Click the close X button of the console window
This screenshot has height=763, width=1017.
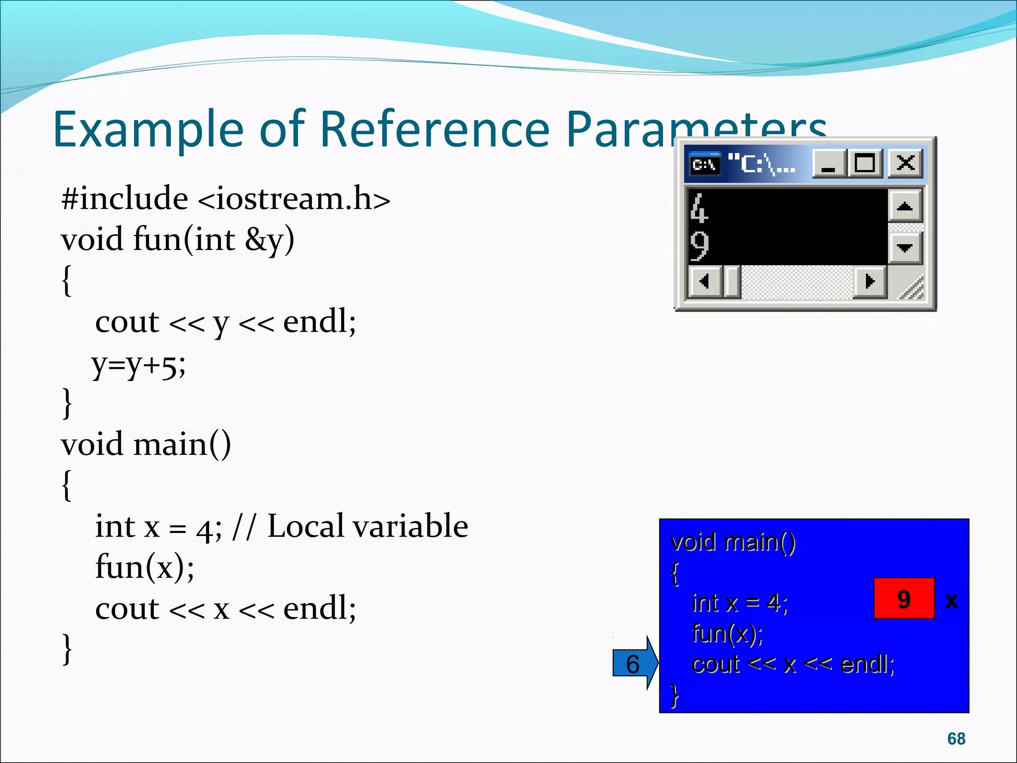point(905,163)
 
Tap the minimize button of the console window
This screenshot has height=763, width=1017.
point(828,163)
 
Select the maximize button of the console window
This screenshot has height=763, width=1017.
point(865,163)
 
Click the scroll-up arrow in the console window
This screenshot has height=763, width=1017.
point(905,206)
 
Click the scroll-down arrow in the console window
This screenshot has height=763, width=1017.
point(905,247)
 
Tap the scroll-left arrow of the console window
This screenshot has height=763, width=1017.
point(704,282)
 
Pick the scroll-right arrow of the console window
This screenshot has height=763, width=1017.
point(870,282)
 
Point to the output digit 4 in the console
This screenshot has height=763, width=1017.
point(699,208)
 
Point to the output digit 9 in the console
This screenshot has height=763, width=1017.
point(699,245)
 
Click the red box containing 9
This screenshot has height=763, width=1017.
point(904,599)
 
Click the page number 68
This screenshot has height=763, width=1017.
point(956,739)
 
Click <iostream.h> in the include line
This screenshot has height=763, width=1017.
point(294,199)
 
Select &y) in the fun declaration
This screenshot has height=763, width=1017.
point(270,240)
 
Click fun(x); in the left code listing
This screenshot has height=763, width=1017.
point(145,567)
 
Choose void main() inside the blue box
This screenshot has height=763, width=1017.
point(733,542)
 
